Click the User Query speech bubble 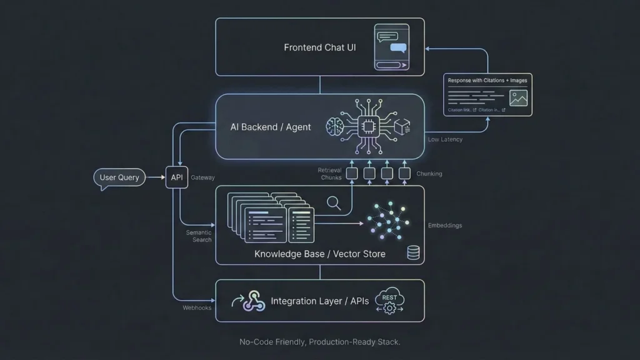tap(119, 177)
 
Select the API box tap(177, 177)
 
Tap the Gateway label tap(202, 177)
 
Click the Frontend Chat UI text tap(319, 47)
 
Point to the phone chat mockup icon tap(392, 47)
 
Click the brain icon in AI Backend tap(335, 127)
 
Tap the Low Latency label tap(445, 139)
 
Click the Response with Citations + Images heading tap(487, 81)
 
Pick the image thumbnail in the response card tap(518, 97)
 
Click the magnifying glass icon tap(334, 202)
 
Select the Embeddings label tap(444, 226)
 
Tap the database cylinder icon tap(413, 252)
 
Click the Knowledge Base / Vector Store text tap(319, 254)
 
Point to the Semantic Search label tap(199, 236)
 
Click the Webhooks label tap(197, 307)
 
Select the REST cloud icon tap(389, 301)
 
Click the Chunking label tap(429, 174)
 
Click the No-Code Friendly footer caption tap(319, 342)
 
